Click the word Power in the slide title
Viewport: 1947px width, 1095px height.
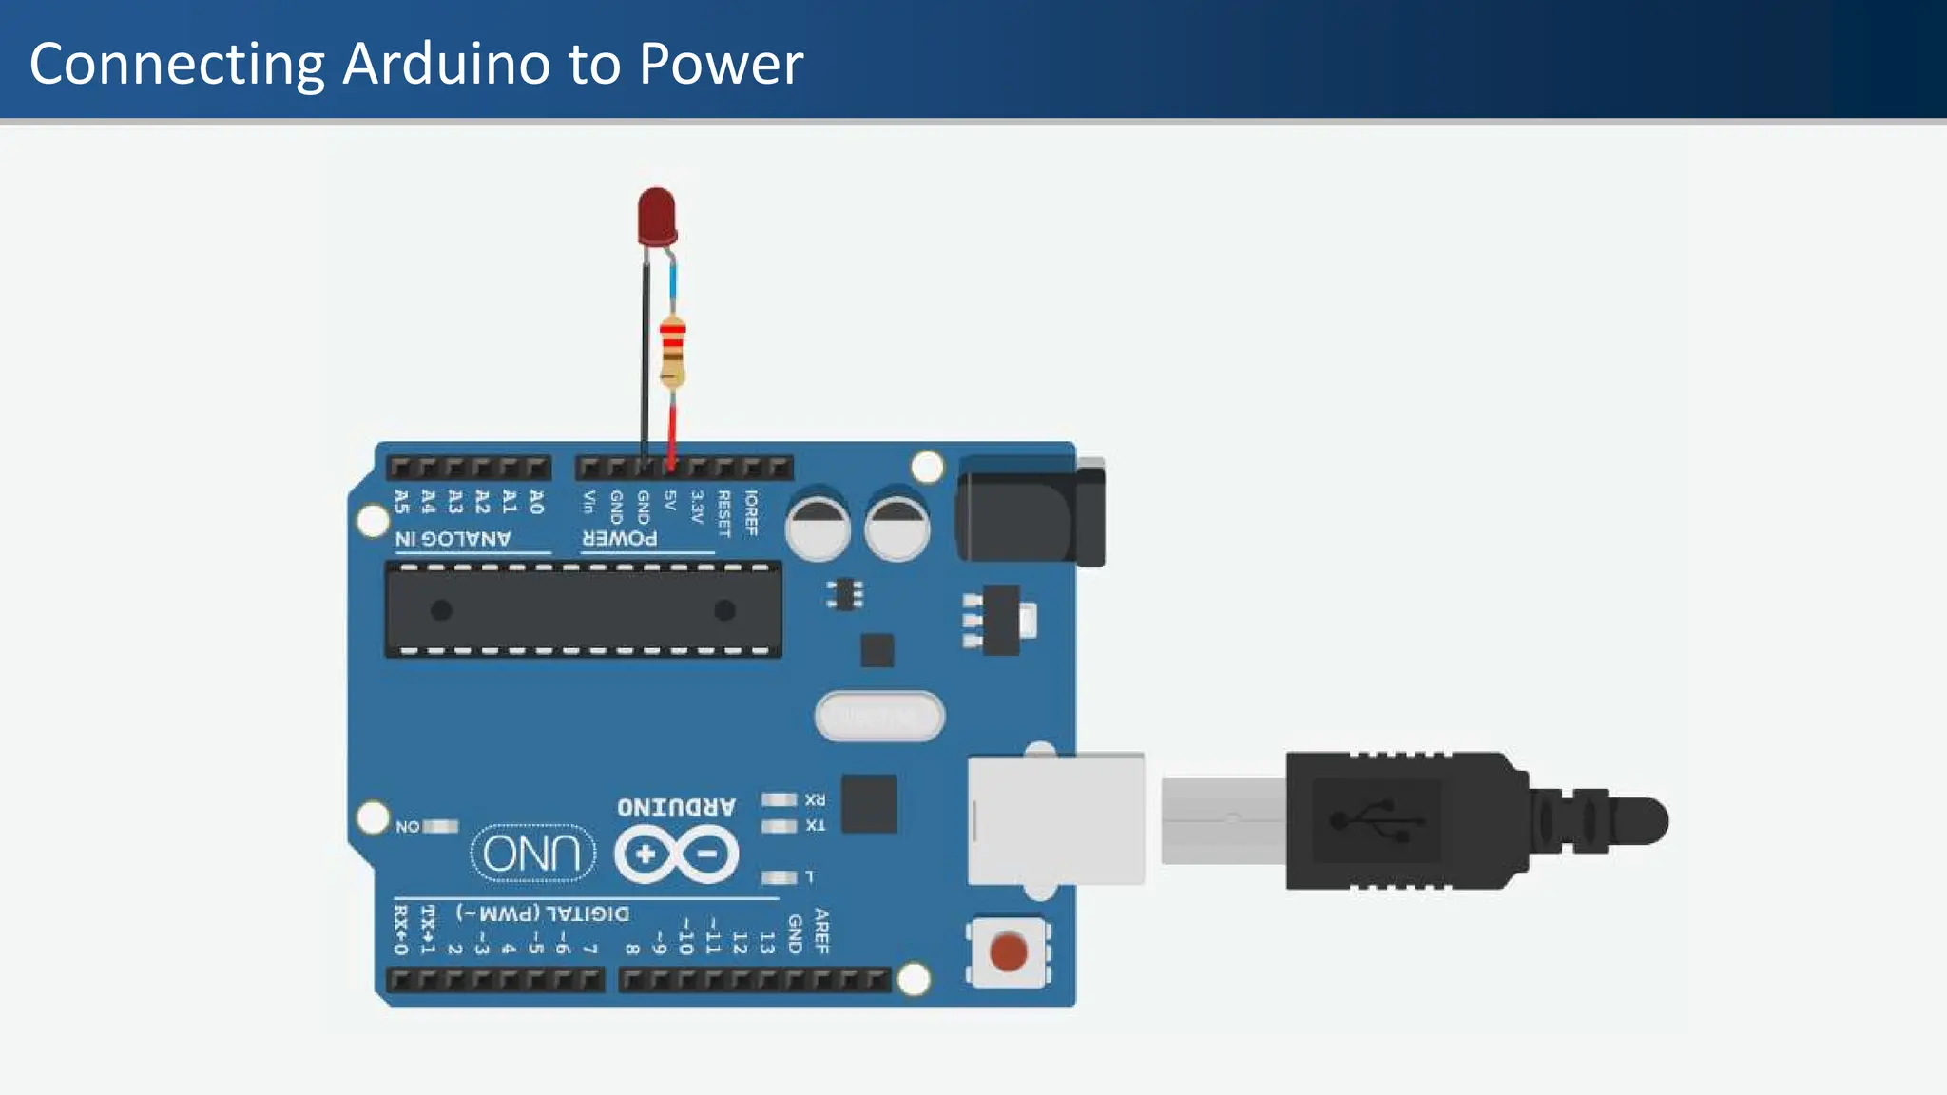[721, 64]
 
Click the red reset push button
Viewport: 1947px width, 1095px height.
[1008, 951]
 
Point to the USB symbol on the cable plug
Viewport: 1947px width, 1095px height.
[1378, 820]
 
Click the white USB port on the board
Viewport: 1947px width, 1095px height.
[1055, 819]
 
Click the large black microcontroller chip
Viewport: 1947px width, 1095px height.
[583, 609]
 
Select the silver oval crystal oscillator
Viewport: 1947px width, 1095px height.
[879, 716]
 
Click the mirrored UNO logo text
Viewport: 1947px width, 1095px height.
[532, 853]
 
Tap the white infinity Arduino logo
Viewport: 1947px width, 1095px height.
[676, 854]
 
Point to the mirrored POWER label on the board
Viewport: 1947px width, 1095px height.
[619, 538]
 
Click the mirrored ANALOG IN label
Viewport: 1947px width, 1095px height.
[453, 539]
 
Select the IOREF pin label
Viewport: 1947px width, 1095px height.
[751, 512]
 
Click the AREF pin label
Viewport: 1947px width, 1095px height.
[821, 931]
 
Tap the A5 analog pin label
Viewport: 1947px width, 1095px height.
[401, 501]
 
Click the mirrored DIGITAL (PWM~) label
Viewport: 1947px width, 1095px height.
[542, 913]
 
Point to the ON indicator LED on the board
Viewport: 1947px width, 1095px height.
[440, 826]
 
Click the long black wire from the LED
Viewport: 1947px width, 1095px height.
[645, 361]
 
